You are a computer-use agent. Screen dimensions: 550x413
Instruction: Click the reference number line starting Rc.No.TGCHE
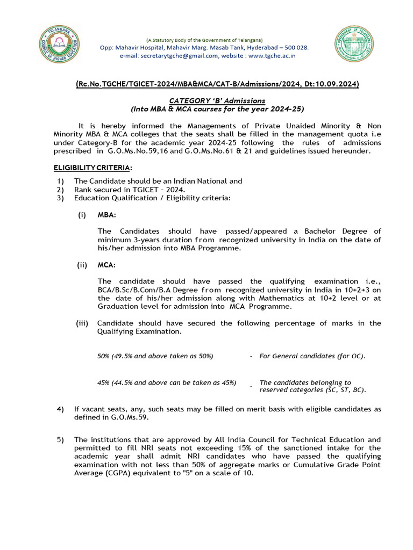coord(217,84)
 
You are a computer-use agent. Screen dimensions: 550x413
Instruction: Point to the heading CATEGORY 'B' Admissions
coord(217,100)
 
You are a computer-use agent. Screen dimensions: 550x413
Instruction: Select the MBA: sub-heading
coord(106,215)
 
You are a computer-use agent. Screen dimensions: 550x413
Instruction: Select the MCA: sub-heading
coord(106,265)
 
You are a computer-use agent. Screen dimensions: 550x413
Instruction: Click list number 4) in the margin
coord(60,409)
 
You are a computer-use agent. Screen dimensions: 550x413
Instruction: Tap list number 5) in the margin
coord(60,439)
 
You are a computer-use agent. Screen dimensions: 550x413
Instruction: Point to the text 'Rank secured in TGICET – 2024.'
coord(130,190)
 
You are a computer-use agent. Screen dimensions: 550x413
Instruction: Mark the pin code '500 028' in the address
coord(296,47)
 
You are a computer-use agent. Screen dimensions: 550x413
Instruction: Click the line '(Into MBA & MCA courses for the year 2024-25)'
coord(217,108)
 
